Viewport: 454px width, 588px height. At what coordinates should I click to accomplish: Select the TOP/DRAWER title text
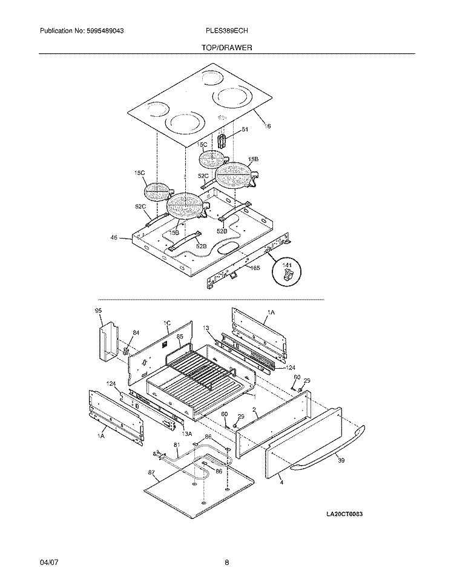click(x=227, y=47)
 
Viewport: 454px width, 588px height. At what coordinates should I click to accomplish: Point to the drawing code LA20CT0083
click(x=348, y=514)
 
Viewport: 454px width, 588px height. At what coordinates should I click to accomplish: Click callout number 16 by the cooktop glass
click(x=267, y=126)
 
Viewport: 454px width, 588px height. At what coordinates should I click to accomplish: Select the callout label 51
click(x=245, y=130)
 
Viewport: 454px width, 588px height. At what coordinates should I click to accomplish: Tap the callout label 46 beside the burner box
click(x=114, y=238)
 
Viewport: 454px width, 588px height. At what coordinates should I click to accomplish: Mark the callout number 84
click(x=136, y=332)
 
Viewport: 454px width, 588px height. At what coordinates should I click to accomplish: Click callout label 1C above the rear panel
click(x=167, y=323)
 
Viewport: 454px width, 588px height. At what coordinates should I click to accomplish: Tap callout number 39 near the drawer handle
click(x=341, y=461)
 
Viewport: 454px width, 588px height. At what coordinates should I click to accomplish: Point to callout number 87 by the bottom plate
click(x=151, y=472)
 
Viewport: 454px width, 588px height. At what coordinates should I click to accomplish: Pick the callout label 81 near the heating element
click(x=177, y=445)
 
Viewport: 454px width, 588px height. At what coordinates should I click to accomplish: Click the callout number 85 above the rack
click(x=180, y=336)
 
